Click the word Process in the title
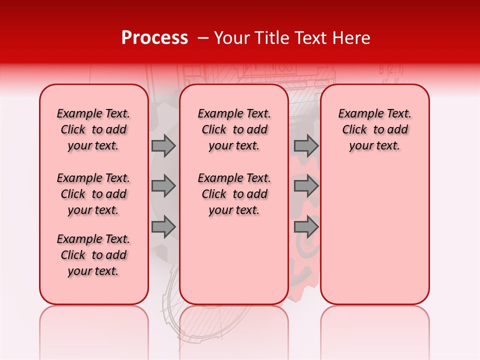(x=154, y=38)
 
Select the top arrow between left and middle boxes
(x=163, y=145)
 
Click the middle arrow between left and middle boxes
(x=163, y=186)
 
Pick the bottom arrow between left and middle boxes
(x=163, y=227)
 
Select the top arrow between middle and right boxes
(x=306, y=145)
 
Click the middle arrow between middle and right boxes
(x=306, y=186)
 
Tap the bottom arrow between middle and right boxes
(x=306, y=227)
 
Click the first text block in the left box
(x=93, y=129)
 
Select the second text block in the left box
(x=93, y=194)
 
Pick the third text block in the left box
(x=93, y=255)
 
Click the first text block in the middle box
(x=234, y=129)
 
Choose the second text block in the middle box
(x=234, y=194)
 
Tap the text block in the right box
(x=374, y=129)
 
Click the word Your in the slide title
(x=231, y=38)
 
